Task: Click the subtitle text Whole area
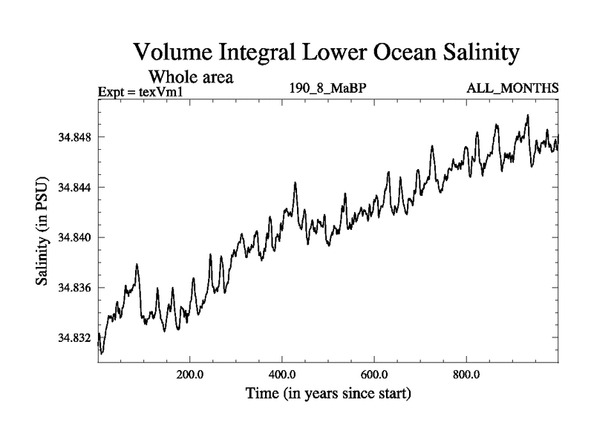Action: point(192,76)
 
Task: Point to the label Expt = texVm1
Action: point(140,92)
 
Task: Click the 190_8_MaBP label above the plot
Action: point(328,89)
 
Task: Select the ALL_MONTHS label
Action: point(512,89)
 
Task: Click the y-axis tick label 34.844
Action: point(74,188)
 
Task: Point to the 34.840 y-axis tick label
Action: point(74,237)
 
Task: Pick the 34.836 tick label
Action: point(74,288)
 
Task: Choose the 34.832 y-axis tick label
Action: point(74,337)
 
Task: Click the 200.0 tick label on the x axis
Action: point(190,374)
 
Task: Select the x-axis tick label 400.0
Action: point(282,374)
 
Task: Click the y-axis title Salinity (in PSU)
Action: point(43,236)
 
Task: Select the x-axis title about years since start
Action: point(328,392)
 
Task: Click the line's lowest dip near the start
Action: point(102,352)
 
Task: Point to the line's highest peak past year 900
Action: point(527,116)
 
